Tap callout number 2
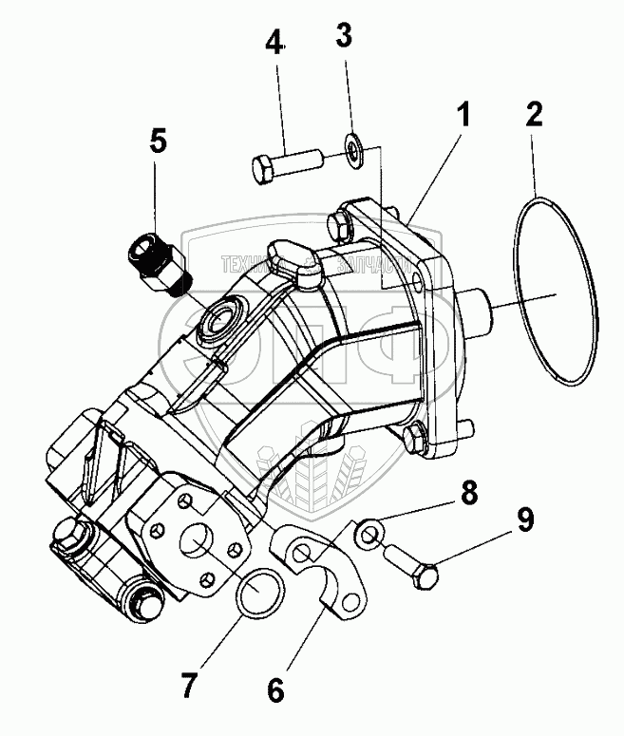[535, 116]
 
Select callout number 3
[345, 36]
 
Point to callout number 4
[274, 44]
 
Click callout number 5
[158, 142]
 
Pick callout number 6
[275, 690]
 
